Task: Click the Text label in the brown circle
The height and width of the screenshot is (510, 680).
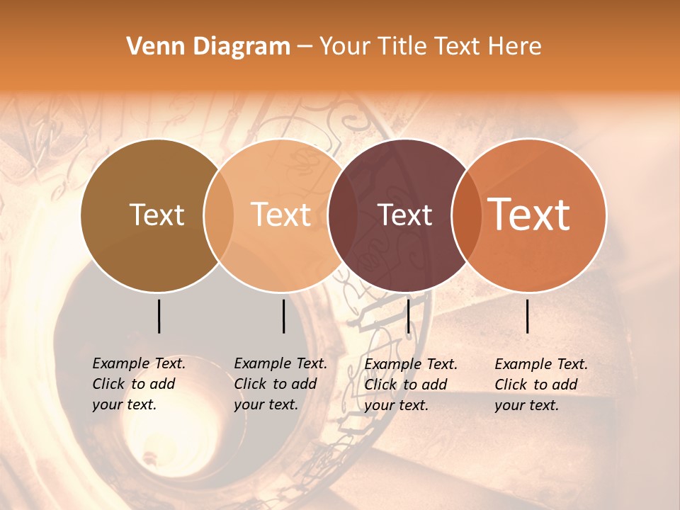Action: pos(157,215)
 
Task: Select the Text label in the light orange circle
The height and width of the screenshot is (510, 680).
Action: pos(281,215)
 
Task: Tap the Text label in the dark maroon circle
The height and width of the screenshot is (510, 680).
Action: pos(405,215)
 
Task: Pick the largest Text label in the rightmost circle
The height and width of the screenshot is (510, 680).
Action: pos(529,214)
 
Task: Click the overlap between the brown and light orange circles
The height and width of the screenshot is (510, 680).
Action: pos(218,215)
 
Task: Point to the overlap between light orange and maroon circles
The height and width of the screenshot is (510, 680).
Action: pos(342,215)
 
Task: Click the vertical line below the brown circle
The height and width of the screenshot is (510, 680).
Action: pos(159,316)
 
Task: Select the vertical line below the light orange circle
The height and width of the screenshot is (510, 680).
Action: pos(283,316)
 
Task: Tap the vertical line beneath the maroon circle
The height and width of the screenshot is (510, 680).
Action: pos(408,316)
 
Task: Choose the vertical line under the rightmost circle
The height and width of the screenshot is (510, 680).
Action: pos(528,316)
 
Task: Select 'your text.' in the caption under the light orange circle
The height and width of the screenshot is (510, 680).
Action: pos(266,404)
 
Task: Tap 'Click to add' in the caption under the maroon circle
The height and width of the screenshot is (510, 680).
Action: pos(406,385)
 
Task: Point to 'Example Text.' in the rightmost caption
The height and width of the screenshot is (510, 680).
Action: pos(541,364)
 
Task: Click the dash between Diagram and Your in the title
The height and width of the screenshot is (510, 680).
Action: pos(304,47)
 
